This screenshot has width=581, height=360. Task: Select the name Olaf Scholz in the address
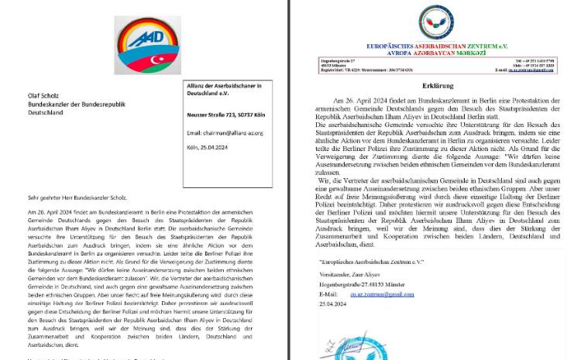pos(44,95)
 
